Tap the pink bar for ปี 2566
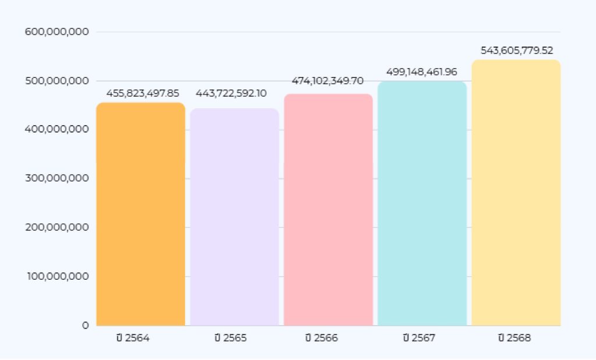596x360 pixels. [x=328, y=209]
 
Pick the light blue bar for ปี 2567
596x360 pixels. [x=422, y=203]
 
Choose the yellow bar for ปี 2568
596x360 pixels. [x=516, y=193]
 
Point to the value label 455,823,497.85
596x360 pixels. [x=143, y=93]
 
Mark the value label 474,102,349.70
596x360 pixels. [x=328, y=81]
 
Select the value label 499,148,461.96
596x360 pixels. [x=421, y=72]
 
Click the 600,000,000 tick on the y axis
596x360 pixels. [x=57, y=31]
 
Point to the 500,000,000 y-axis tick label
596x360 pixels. [x=57, y=80]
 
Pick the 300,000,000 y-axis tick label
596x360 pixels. [x=57, y=178]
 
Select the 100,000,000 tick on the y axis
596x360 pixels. [x=57, y=276]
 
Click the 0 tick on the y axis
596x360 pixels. [x=85, y=325]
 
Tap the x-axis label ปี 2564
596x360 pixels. [x=133, y=338]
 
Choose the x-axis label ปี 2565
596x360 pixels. [x=230, y=338]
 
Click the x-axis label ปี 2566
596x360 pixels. [x=321, y=338]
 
